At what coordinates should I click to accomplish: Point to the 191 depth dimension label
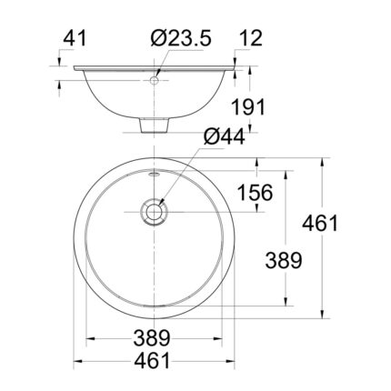point(246,107)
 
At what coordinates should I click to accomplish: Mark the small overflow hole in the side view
point(157,81)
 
